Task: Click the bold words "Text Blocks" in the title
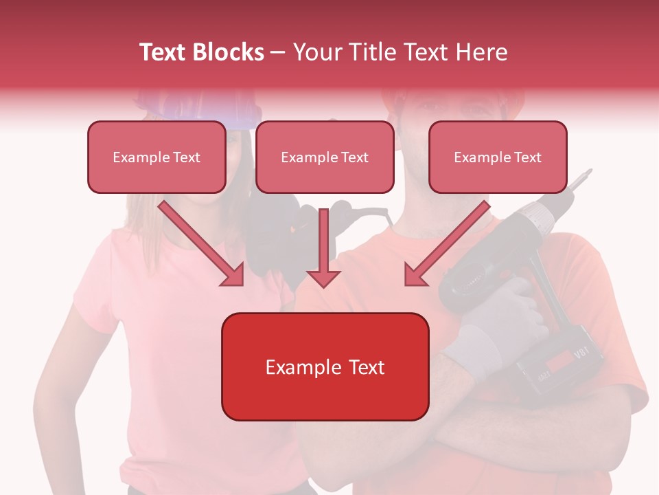pyautogui.click(x=201, y=52)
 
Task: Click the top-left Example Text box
pyautogui.click(x=157, y=157)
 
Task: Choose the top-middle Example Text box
pyautogui.click(x=325, y=157)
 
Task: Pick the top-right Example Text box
pyautogui.click(x=498, y=157)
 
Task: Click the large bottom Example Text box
pyautogui.click(x=325, y=366)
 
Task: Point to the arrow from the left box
pyautogui.click(x=203, y=245)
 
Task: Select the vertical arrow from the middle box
pyautogui.click(x=324, y=247)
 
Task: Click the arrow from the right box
pyautogui.click(x=446, y=245)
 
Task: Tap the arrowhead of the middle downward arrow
pyautogui.click(x=324, y=278)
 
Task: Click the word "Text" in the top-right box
pyautogui.click(x=527, y=157)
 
